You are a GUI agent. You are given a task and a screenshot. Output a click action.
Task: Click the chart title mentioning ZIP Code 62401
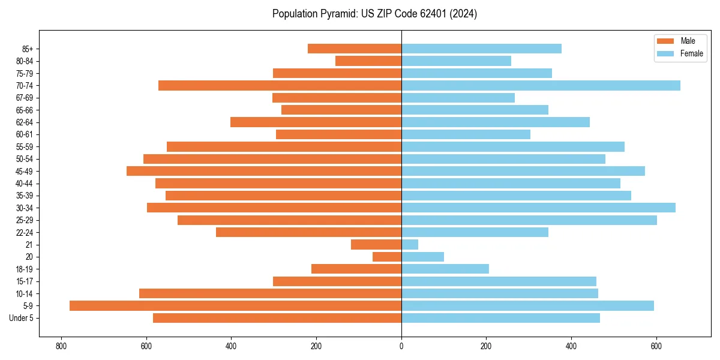[374, 14]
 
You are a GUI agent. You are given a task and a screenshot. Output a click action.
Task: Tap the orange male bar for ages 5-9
[235, 305]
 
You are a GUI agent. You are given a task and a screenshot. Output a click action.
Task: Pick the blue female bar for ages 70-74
[541, 85]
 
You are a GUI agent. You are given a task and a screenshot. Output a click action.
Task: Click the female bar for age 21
[410, 244]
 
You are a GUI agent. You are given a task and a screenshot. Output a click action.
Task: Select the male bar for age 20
[387, 257]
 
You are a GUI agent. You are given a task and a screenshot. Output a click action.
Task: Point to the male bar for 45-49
[264, 171]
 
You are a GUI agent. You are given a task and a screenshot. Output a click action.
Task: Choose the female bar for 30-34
[538, 208]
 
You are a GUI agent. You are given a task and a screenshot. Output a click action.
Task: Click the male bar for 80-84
[368, 61]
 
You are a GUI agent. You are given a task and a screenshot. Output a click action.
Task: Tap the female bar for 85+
[481, 49]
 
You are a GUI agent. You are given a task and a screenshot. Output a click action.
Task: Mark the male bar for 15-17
[337, 281]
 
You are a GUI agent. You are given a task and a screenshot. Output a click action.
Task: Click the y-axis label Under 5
[22, 318]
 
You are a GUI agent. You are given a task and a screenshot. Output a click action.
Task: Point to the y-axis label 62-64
[25, 122]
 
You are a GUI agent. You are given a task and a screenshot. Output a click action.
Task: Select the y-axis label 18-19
[25, 269]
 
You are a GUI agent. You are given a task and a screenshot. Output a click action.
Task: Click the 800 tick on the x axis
[61, 346]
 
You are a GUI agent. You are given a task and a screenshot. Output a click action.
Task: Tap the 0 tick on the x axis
[401, 346]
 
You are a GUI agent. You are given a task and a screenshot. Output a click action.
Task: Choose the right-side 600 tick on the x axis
[656, 346]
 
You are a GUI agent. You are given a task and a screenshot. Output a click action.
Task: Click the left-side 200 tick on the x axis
[316, 346]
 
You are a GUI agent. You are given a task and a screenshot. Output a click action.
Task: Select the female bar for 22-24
[475, 232]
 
